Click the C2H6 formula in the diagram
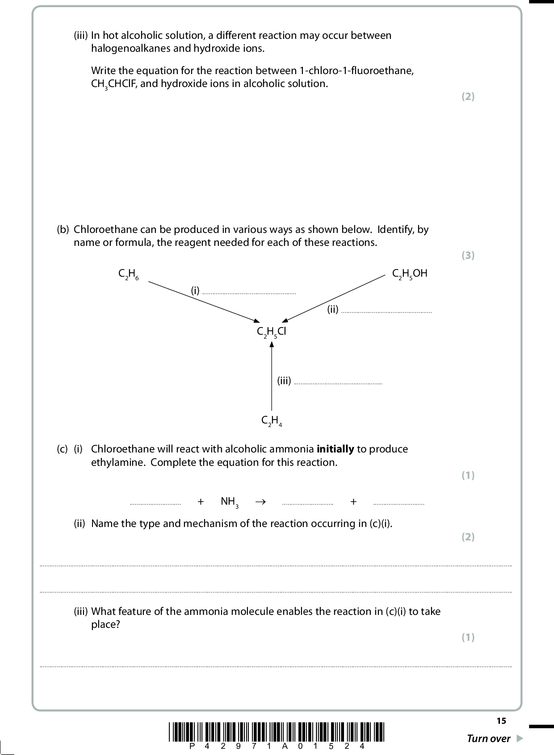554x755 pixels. click(x=128, y=274)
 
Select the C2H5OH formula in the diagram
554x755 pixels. click(x=409, y=274)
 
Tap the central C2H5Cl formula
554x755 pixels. click(x=271, y=332)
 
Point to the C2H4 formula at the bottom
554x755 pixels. click(x=272, y=421)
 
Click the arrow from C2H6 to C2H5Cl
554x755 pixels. click(x=204, y=301)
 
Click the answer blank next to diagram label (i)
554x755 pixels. click(x=249, y=292)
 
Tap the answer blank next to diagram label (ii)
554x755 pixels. click(x=386, y=311)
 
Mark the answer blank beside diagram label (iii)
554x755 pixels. click(x=338, y=382)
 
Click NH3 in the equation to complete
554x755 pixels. click(x=229, y=502)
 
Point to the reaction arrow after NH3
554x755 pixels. click(x=260, y=502)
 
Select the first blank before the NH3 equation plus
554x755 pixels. click(x=155, y=503)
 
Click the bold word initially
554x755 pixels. click(x=335, y=449)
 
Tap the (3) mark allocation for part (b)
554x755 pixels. click(x=468, y=255)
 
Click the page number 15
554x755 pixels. click(x=501, y=721)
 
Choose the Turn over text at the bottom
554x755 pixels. click(x=488, y=738)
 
